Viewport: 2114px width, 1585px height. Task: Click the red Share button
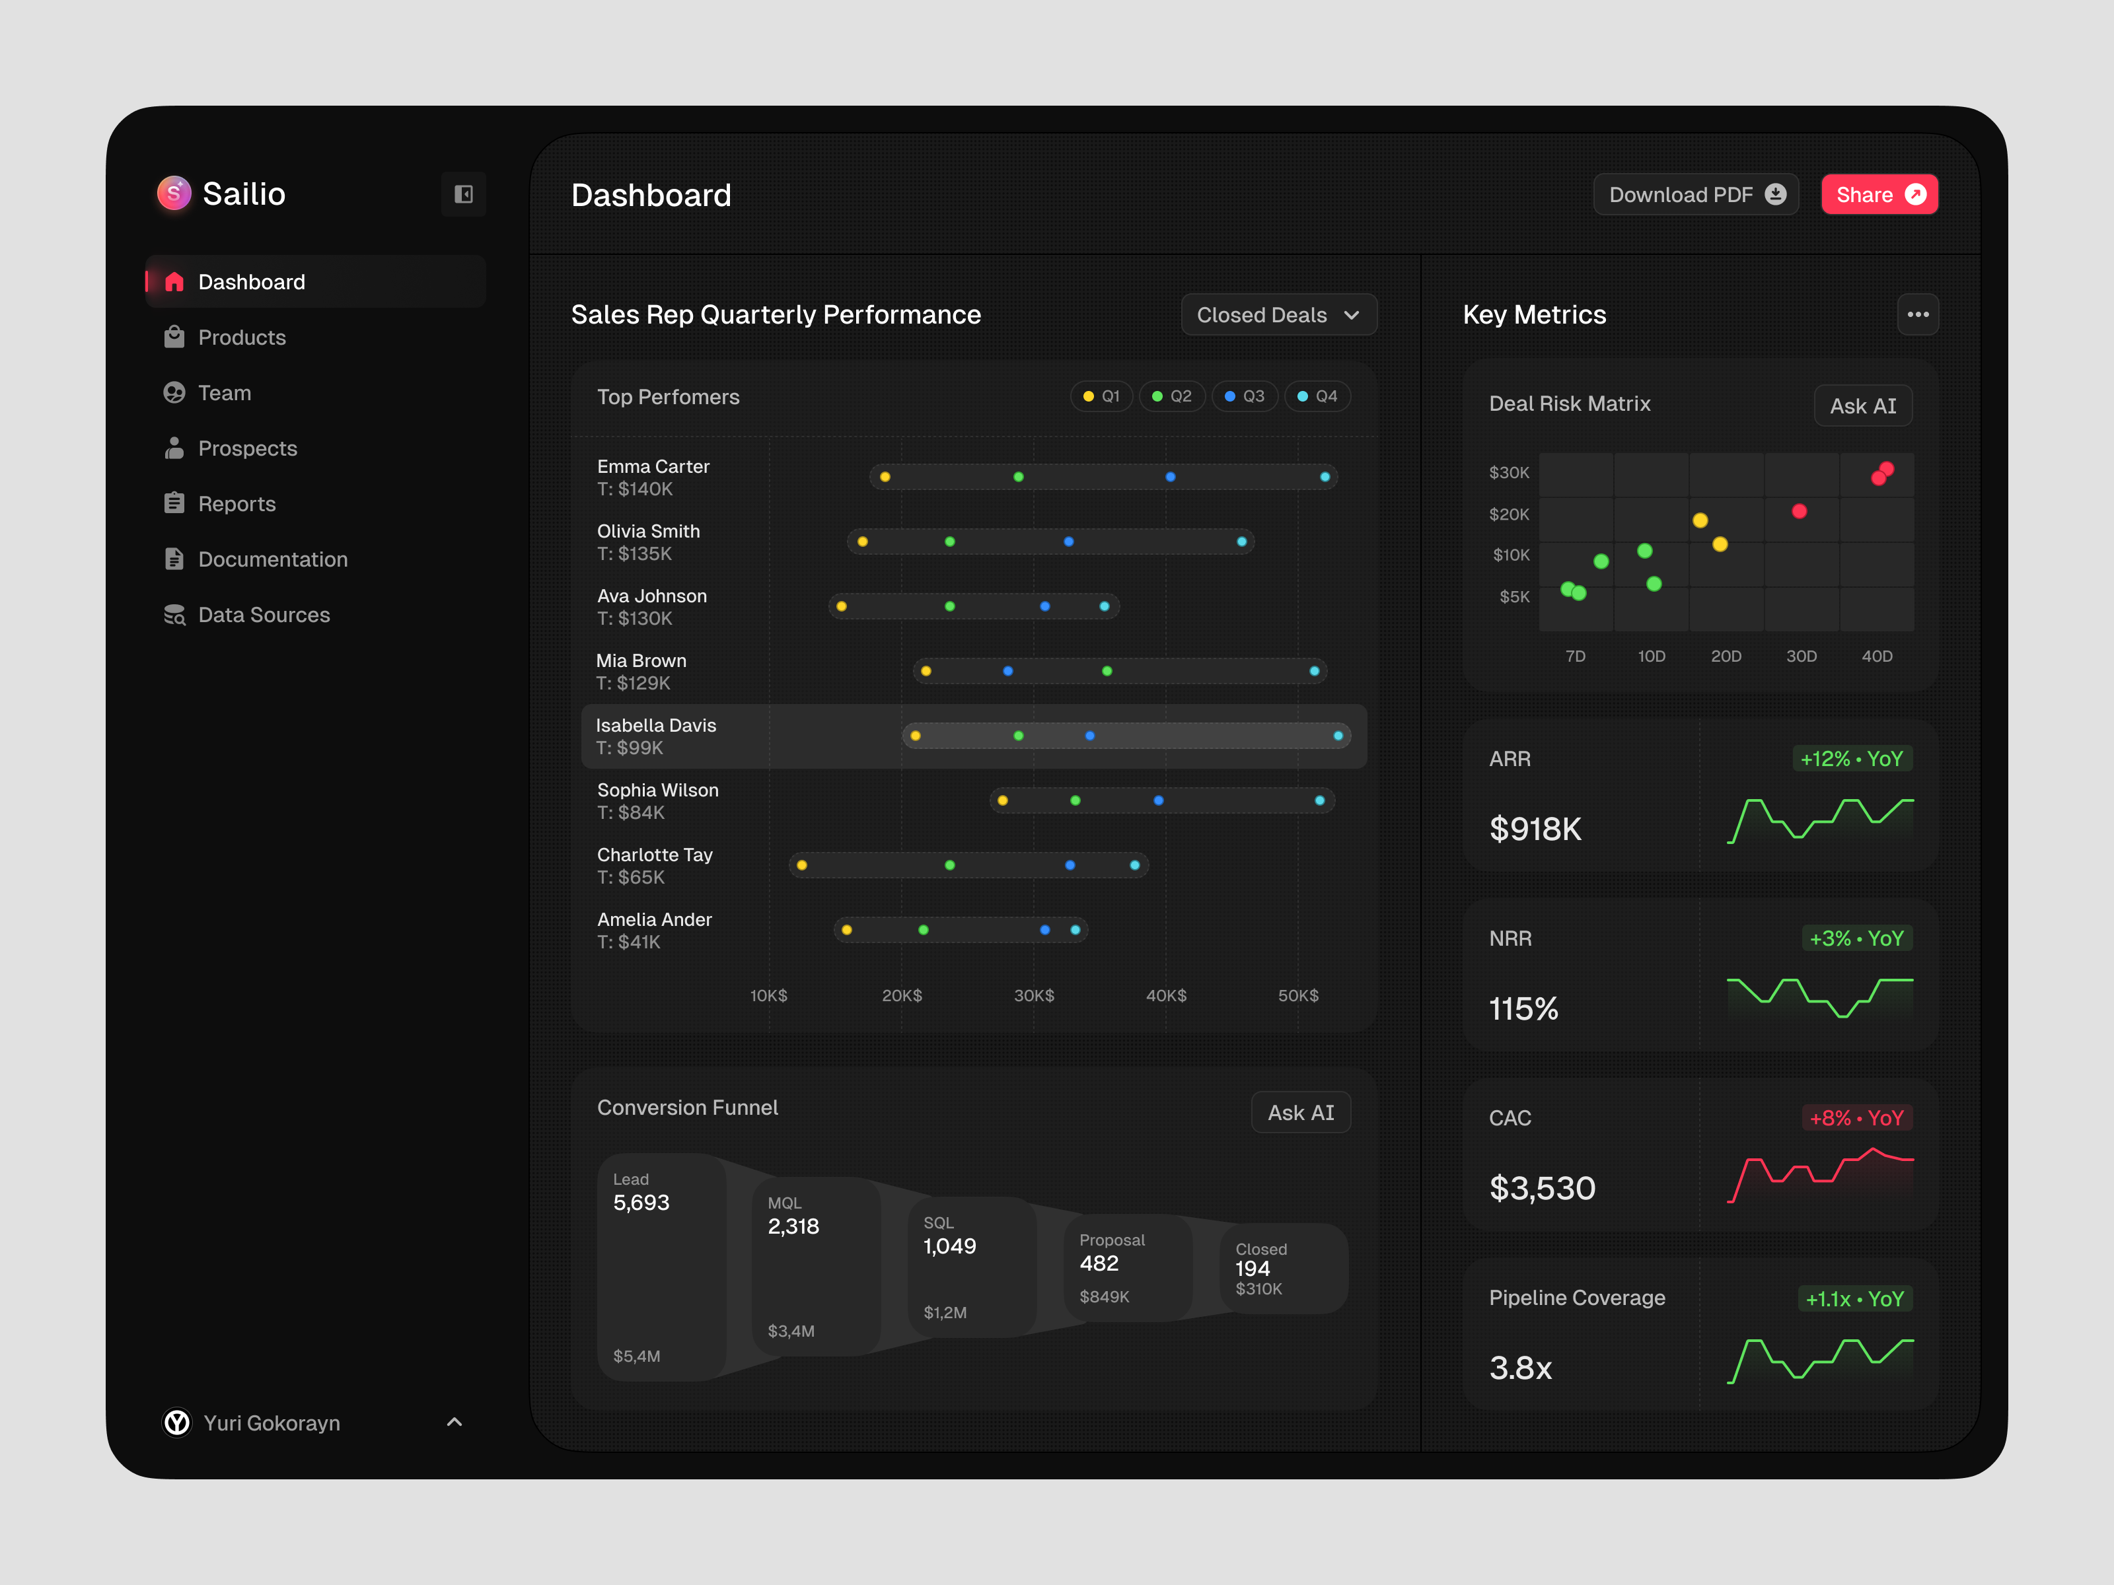(x=1879, y=195)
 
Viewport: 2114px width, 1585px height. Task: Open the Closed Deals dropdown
(x=1279, y=315)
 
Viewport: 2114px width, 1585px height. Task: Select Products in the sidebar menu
(x=242, y=337)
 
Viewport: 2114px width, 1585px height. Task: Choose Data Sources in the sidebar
(x=264, y=614)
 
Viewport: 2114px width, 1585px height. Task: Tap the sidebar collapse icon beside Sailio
(x=464, y=195)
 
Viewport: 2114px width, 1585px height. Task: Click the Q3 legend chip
(x=1245, y=396)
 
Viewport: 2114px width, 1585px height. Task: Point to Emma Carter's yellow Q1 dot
(x=885, y=477)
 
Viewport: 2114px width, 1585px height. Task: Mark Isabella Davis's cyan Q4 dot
(x=1338, y=736)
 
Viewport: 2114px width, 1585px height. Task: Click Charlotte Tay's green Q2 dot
(x=950, y=866)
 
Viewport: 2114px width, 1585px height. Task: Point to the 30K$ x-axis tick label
(x=1034, y=995)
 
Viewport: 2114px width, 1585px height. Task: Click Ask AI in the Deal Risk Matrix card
(x=1863, y=406)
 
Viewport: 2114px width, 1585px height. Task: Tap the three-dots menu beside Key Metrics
(x=1918, y=314)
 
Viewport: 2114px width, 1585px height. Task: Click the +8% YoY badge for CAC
(x=1856, y=1118)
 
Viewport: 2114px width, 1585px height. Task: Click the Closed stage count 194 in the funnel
(x=1252, y=1269)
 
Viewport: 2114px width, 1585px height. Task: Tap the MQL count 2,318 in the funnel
(x=793, y=1227)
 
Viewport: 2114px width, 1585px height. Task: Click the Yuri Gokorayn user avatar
(x=177, y=1423)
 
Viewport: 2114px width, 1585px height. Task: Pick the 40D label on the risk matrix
(x=1877, y=656)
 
